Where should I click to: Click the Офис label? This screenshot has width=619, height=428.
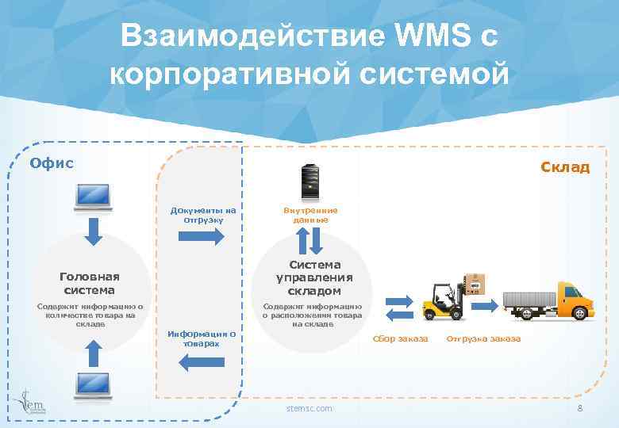tap(52, 162)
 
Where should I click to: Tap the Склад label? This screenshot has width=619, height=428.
tap(565, 166)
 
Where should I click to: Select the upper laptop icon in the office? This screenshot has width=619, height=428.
tap(94, 198)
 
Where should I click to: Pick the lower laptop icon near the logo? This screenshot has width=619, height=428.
tap(94, 385)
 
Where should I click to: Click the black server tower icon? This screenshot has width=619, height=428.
tap(310, 182)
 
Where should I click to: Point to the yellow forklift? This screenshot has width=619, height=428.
tap(443, 299)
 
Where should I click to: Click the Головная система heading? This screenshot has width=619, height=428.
tap(90, 283)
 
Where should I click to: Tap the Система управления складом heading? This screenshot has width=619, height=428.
tap(315, 277)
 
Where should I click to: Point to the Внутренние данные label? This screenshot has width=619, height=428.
tap(310, 215)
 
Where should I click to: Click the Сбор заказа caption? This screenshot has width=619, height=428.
tap(400, 339)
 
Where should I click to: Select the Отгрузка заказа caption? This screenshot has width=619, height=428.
tap(483, 339)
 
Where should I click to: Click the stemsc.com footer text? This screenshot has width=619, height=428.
tap(309, 408)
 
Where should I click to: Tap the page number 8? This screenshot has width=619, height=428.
tap(580, 408)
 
